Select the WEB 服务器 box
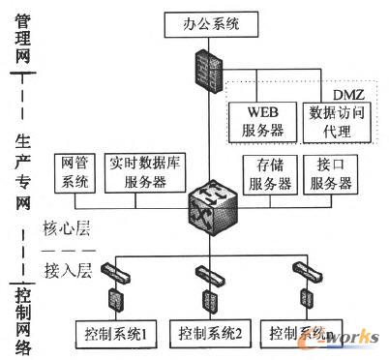(260, 120)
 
